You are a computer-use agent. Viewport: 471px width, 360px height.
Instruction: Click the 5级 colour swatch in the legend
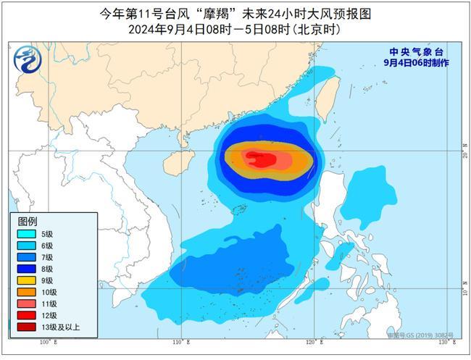pos(26,233)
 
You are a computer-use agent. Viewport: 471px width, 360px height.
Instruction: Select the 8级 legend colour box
pos(26,268)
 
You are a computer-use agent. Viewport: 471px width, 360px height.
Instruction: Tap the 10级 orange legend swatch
pos(26,292)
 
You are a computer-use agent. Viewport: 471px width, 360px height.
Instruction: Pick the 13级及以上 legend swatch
pos(26,327)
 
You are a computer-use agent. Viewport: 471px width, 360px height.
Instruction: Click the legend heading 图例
pos(27,221)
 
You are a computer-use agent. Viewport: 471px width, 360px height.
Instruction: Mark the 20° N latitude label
pos(464,151)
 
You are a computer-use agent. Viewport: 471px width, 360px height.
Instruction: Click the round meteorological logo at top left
pos(25,58)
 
